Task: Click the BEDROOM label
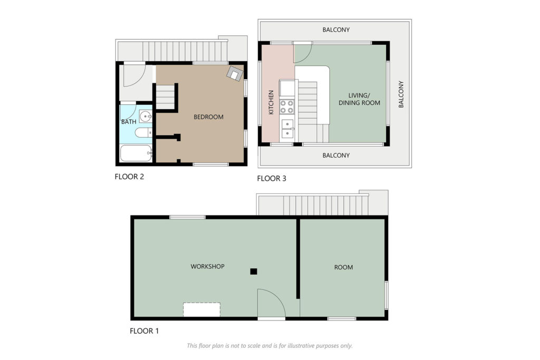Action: click(208, 117)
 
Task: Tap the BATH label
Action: click(129, 122)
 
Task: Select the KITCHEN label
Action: click(271, 102)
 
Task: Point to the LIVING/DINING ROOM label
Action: click(359, 99)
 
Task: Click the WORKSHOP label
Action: click(207, 266)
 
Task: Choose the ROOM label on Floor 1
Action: click(343, 267)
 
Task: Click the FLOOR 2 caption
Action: click(129, 177)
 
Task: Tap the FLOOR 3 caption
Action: click(272, 179)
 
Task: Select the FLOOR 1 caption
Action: click(144, 331)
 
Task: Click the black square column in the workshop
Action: click(254, 271)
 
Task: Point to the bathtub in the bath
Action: click(136, 153)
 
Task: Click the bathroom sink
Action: click(146, 116)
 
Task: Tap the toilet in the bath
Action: click(143, 132)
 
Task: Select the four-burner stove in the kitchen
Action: click(287, 106)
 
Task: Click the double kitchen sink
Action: click(287, 129)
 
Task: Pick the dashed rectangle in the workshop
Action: click(201, 310)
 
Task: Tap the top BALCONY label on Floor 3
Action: click(336, 30)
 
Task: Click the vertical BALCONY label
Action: click(401, 94)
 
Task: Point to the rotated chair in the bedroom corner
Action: click(235, 73)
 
